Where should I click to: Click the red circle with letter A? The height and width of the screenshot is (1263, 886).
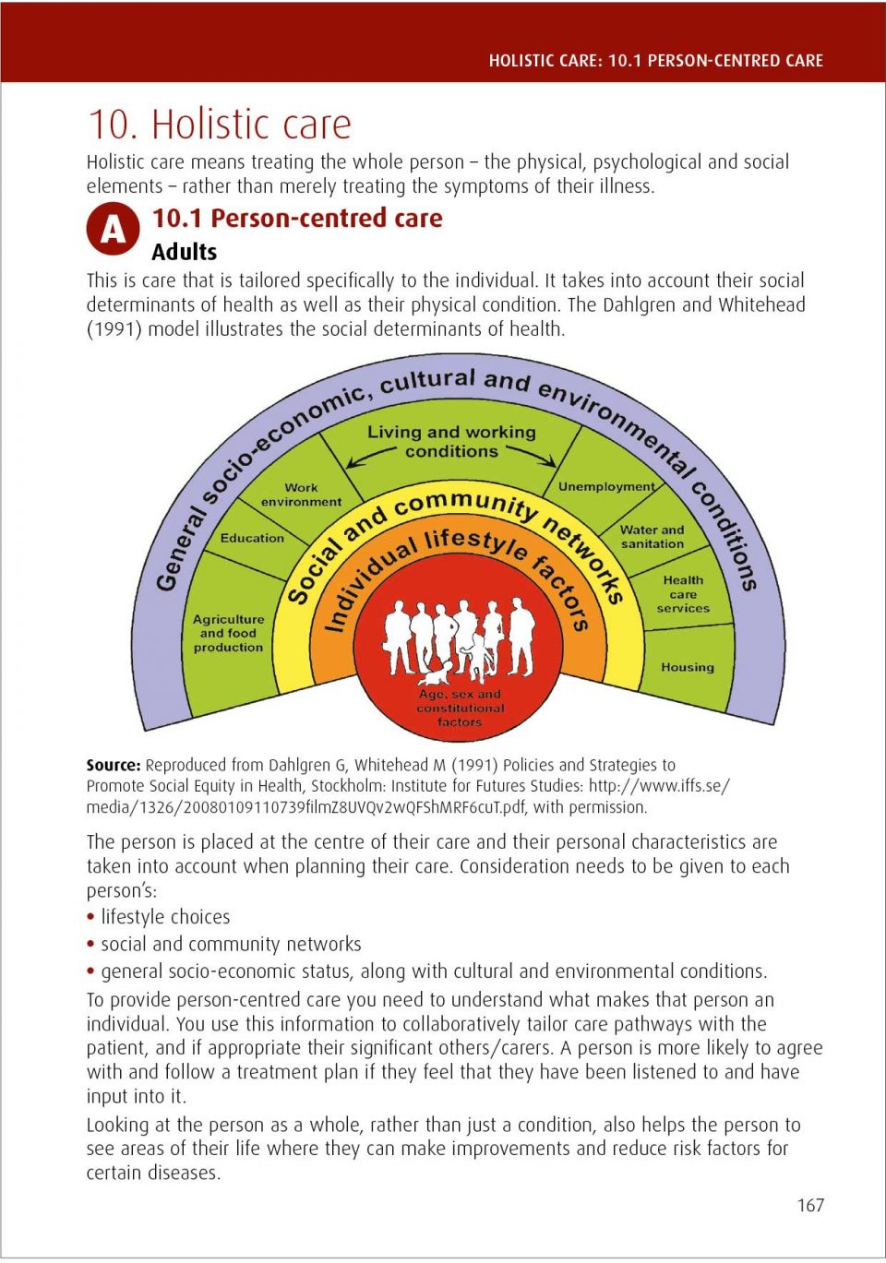113,229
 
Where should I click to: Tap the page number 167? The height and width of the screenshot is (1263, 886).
810,1205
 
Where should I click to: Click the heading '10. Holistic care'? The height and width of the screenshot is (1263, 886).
220,124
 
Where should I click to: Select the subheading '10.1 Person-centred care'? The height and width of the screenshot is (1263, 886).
297,218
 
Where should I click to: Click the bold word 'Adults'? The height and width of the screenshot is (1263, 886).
185,252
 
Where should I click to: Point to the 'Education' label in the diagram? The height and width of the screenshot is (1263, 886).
252,538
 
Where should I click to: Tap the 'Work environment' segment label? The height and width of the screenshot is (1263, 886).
301,494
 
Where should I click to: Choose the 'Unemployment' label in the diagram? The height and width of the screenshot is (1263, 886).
606,486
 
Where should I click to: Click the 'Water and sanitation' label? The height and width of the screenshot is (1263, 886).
652,536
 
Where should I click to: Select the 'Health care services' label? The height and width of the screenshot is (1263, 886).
683,594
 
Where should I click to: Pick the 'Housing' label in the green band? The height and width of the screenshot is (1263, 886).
687,667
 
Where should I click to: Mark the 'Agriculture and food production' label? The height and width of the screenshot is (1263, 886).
228,633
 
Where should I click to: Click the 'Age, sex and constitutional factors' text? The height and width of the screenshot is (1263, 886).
460,708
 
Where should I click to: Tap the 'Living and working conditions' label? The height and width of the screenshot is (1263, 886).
451,441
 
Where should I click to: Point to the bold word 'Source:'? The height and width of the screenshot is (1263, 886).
114,765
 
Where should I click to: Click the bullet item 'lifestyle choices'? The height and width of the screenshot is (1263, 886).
165,917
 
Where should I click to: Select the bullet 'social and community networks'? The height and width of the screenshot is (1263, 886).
231,944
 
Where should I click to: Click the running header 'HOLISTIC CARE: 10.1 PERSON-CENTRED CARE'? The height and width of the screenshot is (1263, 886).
655,61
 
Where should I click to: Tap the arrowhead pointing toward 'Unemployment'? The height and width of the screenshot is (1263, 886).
550,461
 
